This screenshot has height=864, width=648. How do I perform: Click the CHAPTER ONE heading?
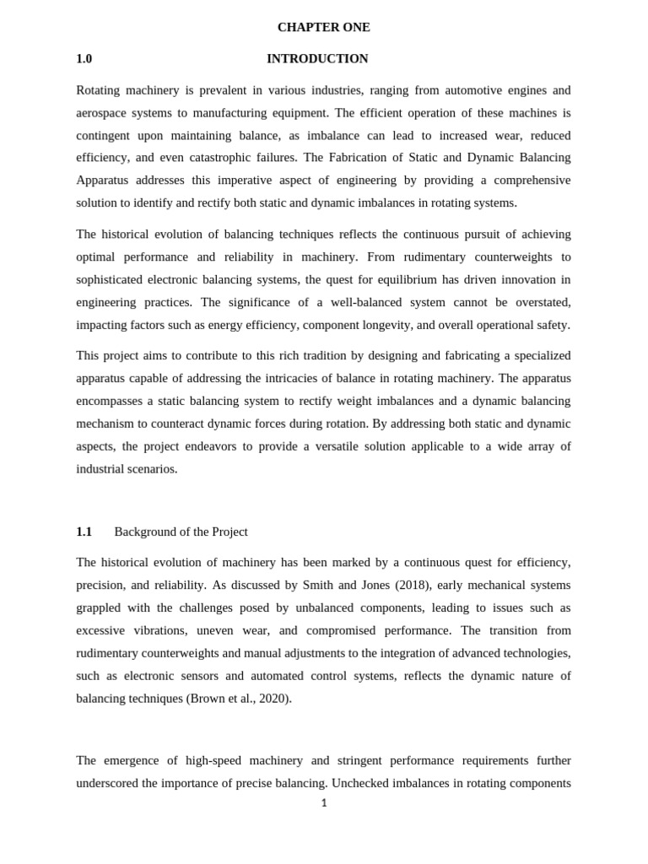click(x=323, y=27)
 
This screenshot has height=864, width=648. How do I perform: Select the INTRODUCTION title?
click(x=317, y=59)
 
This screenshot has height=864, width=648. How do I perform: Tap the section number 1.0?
click(x=84, y=59)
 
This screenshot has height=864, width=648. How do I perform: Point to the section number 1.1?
click(x=84, y=532)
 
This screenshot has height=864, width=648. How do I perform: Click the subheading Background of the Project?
click(x=181, y=532)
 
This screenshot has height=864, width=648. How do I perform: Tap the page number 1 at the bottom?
click(x=324, y=803)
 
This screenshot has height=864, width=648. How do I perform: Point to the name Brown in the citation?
click(x=205, y=699)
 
